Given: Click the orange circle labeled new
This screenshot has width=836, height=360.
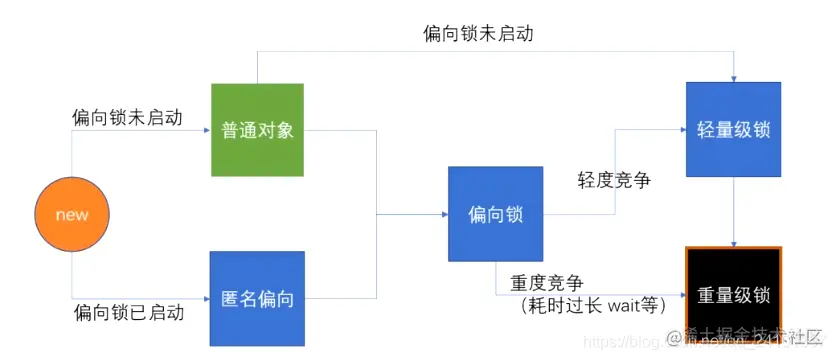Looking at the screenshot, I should click(72, 214).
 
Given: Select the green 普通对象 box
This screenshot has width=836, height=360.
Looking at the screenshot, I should click(257, 130).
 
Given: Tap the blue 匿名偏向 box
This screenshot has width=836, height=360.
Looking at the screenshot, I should click(257, 298).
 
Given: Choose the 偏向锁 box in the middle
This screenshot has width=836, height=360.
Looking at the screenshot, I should click(495, 215).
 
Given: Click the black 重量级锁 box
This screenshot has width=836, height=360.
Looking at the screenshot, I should click(734, 295).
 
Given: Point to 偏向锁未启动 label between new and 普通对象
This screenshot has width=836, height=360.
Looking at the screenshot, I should click(128, 117).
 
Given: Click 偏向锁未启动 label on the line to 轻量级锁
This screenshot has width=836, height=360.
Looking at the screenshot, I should click(478, 34).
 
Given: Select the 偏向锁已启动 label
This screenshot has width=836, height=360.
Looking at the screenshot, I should click(128, 312).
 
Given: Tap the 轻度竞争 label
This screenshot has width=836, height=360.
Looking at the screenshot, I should click(614, 180).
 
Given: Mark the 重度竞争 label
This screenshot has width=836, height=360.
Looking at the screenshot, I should click(546, 283).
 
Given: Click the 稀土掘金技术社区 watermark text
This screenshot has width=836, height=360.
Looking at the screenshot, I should click(760, 335).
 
